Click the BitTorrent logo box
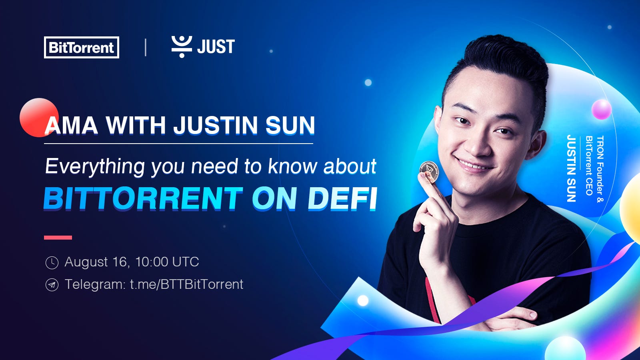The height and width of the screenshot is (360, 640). pos(81,47)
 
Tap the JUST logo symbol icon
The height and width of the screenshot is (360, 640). pos(182,46)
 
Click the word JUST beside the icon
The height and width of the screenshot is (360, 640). pos(216,47)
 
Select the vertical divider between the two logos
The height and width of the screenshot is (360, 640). pos(145,47)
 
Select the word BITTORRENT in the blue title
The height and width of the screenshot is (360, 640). pos(143,198)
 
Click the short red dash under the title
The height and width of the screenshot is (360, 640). pos(58,238)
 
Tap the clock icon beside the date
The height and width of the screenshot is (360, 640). pos(52,262)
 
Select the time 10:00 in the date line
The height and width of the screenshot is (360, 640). pos(152,262)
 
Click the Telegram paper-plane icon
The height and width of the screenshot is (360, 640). pos(52,285)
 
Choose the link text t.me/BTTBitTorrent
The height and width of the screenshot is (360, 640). pos(186,284)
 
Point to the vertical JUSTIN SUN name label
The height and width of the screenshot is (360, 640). pos(571,168)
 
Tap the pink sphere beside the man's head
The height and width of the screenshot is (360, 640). pos(601,109)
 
